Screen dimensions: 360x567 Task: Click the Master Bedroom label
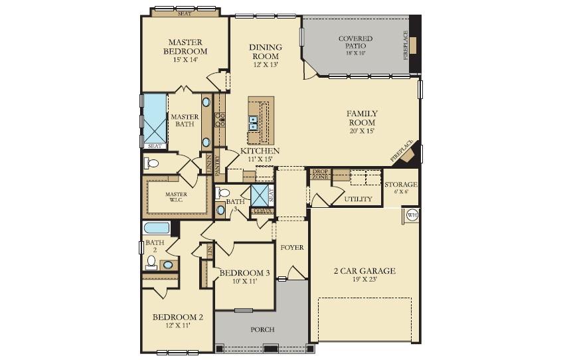click(x=185, y=46)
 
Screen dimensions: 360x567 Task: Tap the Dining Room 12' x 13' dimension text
click(x=266, y=65)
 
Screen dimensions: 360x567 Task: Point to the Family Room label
click(x=362, y=118)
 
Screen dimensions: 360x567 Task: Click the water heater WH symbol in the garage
click(x=411, y=215)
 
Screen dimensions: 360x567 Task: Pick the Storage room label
click(x=401, y=185)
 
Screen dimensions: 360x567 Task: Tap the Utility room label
click(x=359, y=199)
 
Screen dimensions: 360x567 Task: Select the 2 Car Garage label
click(x=364, y=271)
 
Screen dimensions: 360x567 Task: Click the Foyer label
click(x=291, y=248)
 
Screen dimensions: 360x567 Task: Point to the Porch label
click(x=262, y=329)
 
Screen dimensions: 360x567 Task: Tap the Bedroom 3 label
click(x=244, y=273)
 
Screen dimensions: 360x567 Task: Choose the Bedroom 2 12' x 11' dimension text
click(x=177, y=326)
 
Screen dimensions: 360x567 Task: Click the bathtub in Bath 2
click(x=157, y=228)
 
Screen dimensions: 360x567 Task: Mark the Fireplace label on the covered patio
click(x=406, y=45)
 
